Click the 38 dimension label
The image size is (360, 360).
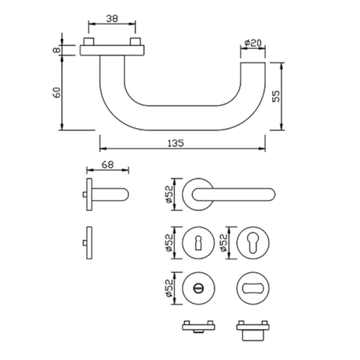112,19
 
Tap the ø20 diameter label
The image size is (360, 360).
253,43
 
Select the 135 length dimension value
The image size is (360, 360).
176,143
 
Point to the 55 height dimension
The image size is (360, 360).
276,96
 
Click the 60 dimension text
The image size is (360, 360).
57,92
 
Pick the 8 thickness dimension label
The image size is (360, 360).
57,50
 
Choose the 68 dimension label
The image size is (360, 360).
107,165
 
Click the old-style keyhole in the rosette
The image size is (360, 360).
198,243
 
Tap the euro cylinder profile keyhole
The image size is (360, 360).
253,243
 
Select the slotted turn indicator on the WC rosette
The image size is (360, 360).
198,287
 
